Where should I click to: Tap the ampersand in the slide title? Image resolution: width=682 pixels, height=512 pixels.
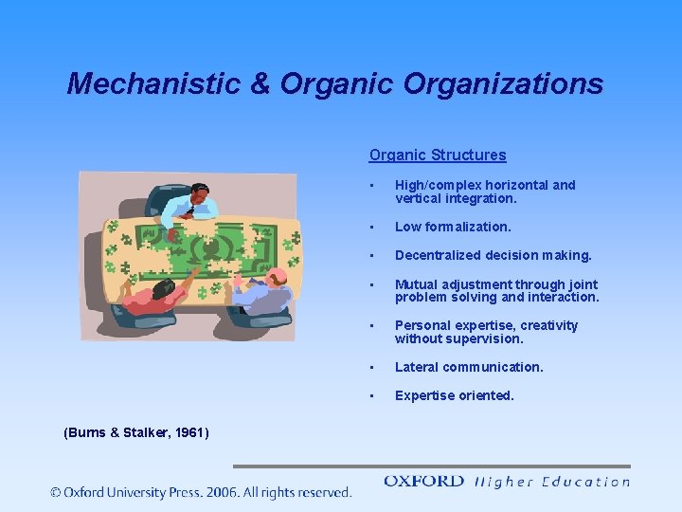260,83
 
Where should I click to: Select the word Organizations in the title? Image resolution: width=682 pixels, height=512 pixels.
503,83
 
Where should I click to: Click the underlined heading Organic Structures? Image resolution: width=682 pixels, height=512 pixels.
438,155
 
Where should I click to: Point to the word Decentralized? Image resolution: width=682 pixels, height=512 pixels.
440,255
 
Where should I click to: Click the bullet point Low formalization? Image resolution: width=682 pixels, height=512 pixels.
453,227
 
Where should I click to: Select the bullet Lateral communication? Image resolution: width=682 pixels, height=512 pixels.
469,367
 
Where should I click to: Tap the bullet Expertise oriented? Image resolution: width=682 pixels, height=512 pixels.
455,395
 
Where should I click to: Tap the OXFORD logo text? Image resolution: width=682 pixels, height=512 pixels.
423,482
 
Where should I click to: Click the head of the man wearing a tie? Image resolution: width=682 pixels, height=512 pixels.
199,192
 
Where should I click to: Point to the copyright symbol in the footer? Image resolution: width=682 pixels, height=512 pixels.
56,492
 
